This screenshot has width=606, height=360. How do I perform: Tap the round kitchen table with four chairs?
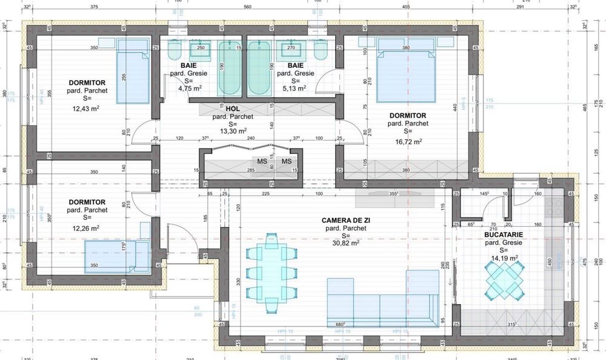pos(504,280)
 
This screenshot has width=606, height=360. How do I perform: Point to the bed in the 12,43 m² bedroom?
pos(133,72)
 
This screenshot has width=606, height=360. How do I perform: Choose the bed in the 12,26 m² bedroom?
pos(117,256)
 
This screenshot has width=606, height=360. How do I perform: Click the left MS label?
pos(262,161)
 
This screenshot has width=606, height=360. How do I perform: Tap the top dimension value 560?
pos(247,8)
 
